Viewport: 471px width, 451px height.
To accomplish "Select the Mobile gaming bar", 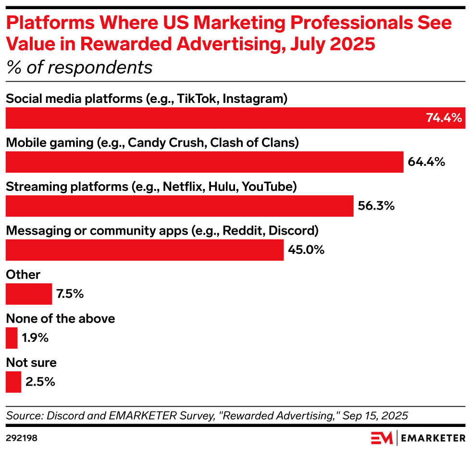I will (204, 162).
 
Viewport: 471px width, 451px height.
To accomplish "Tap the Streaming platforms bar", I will (180, 206).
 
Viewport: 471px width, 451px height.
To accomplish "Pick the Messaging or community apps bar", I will (145, 250).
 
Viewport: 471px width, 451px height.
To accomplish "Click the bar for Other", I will (29, 294).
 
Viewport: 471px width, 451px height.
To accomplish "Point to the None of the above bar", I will (12, 338).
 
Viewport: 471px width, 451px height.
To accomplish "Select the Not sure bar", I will (13, 382).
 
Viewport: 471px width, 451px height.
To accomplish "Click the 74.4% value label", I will (444, 118).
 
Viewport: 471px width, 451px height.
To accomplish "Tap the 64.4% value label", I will (426, 162).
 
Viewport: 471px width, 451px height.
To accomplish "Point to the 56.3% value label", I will (376, 206).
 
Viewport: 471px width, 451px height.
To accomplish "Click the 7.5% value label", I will (70, 294).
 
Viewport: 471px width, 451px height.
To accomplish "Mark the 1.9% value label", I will (35, 338).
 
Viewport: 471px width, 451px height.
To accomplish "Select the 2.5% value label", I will (40, 382).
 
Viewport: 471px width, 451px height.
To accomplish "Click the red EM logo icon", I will (382, 438).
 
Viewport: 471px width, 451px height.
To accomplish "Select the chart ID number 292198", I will (22, 438).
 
